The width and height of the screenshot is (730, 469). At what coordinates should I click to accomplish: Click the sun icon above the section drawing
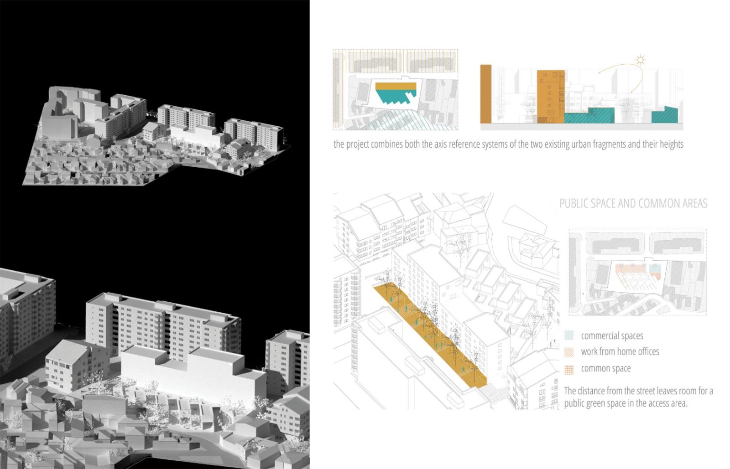[x=641, y=61]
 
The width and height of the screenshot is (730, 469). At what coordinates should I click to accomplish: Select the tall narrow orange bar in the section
[x=486, y=94]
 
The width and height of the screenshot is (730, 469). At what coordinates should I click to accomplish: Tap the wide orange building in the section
[x=551, y=97]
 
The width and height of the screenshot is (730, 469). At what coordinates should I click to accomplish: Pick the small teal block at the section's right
[x=665, y=115]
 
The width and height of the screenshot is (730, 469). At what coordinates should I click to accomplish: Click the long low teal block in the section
[x=589, y=116]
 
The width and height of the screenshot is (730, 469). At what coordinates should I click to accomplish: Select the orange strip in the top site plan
[x=396, y=86]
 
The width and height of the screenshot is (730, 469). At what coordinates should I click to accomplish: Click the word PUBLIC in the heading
[x=573, y=203]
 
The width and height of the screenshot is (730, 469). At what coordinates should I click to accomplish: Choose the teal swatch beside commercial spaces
[x=569, y=335]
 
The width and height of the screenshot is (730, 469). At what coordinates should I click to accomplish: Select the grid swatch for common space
[x=569, y=369]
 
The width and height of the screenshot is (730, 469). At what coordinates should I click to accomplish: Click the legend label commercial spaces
[x=612, y=336]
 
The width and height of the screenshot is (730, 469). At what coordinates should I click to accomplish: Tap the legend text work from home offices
[x=620, y=351]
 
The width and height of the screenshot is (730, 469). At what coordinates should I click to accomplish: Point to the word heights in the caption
[x=671, y=144]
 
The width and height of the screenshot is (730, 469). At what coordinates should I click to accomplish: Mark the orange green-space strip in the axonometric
[x=430, y=335]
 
